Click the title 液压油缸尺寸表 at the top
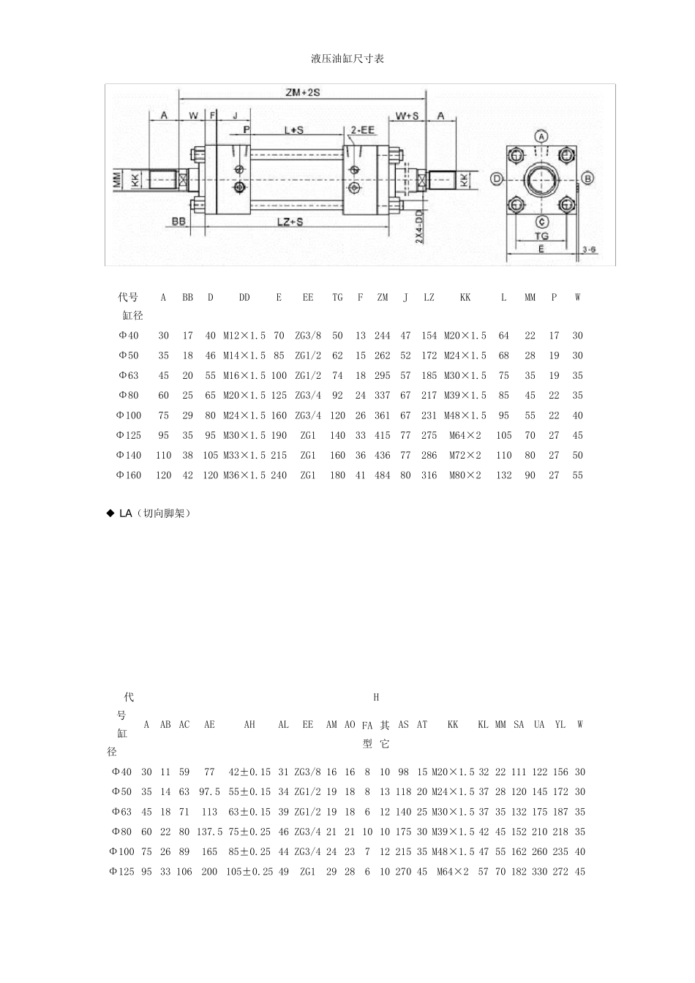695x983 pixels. pyautogui.click(x=347, y=59)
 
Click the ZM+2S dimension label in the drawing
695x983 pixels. pyautogui.click(x=303, y=93)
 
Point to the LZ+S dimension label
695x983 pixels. pyautogui.click(x=290, y=221)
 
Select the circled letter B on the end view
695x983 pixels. pyautogui.click(x=587, y=178)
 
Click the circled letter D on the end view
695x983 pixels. pyautogui.click(x=497, y=178)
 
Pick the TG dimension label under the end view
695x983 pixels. pyautogui.click(x=541, y=236)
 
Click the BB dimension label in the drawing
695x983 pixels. pyautogui.click(x=178, y=220)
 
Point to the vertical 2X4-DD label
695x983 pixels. pyautogui.click(x=418, y=228)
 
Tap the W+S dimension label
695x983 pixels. pyautogui.click(x=407, y=116)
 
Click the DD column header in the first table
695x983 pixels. pyautogui.click(x=244, y=297)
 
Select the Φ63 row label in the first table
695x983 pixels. pyautogui.click(x=128, y=375)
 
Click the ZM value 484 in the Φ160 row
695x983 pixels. pyautogui.click(x=383, y=475)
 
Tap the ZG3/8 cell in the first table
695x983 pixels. pyautogui.click(x=308, y=336)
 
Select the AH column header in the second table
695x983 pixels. pyautogui.click(x=249, y=724)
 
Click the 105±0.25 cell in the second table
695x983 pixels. pyautogui.click(x=249, y=871)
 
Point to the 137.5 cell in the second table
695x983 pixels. pyautogui.click(x=209, y=832)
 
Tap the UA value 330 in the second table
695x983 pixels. pyautogui.click(x=539, y=871)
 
